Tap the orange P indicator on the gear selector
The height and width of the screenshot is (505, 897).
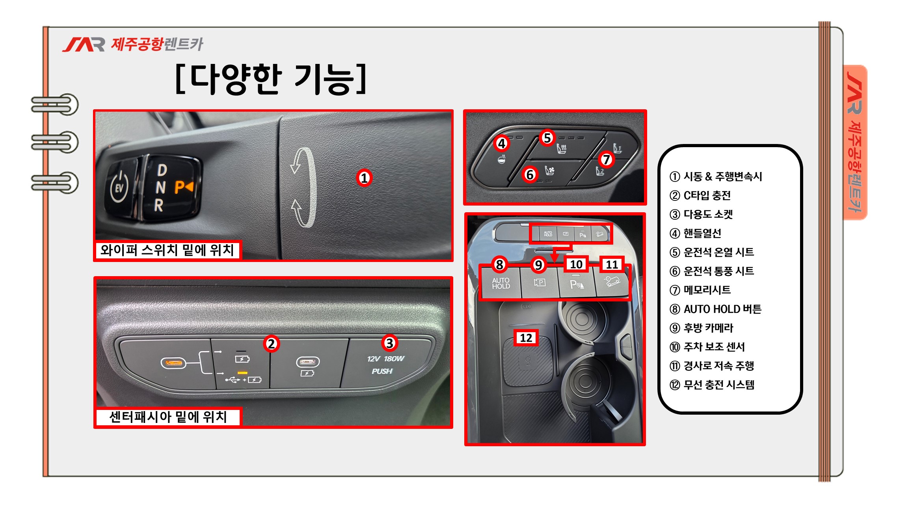tap(184, 187)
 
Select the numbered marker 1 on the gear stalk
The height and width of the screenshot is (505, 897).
tap(364, 178)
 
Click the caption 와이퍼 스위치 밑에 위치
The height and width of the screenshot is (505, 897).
tap(167, 250)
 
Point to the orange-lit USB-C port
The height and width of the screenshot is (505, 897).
tap(173, 362)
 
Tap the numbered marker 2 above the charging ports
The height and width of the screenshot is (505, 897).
tap(271, 344)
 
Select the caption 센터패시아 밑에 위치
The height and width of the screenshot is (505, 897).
tap(168, 417)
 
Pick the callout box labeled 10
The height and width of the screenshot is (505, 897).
tap(576, 264)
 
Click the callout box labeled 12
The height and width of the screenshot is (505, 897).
tap(526, 338)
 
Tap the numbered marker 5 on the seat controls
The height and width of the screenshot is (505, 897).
tap(547, 138)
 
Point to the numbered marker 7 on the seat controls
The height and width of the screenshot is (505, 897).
tap(606, 159)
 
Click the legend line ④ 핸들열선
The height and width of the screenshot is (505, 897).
tap(695, 233)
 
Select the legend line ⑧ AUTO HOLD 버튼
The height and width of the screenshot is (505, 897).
tap(715, 309)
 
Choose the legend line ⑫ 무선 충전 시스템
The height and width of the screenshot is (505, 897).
tap(712, 385)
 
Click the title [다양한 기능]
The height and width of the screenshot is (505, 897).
tap(271, 79)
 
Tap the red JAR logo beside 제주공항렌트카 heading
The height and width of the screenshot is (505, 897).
tap(84, 45)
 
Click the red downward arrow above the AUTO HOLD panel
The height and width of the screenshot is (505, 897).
tap(554, 255)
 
